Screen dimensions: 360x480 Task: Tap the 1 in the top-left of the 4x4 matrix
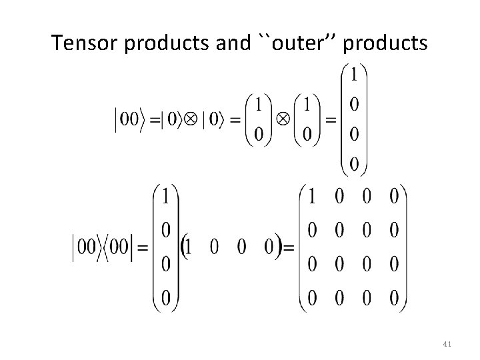[x=311, y=197]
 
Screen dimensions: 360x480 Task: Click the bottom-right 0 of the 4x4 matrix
[x=394, y=299]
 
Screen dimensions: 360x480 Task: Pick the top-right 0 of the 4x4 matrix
[x=394, y=197]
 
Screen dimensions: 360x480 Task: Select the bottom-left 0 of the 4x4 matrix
[x=311, y=299]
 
